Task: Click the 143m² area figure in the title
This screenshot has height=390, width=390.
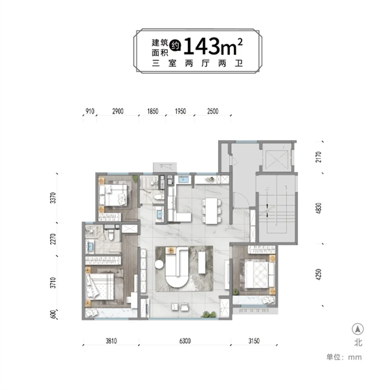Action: click(x=212, y=47)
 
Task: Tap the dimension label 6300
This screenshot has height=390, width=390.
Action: click(x=185, y=341)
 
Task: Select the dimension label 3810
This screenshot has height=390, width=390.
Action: click(x=111, y=341)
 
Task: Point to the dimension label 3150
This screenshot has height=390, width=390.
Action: click(x=254, y=341)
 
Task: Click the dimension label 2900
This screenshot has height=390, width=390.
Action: click(x=118, y=111)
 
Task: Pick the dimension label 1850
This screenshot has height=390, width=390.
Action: click(x=153, y=111)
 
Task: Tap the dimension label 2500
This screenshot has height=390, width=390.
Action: click(x=212, y=111)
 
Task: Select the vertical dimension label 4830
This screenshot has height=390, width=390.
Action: click(x=319, y=208)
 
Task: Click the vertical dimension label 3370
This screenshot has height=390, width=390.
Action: click(x=53, y=198)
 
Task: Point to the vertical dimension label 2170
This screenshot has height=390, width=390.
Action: click(x=319, y=157)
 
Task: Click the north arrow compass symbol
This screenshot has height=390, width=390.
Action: click(x=358, y=329)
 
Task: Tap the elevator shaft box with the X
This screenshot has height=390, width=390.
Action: click(x=276, y=159)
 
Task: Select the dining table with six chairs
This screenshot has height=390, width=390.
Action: click(x=212, y=210)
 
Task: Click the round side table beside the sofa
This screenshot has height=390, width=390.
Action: click(x=159, y=264)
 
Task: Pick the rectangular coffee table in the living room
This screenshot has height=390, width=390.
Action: click(x=202, y=263)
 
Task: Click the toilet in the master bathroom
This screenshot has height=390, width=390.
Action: click(x=111, y=235)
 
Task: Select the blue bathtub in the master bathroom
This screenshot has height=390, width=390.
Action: click(x=90, y=247)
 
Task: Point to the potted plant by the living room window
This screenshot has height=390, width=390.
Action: click(x=208, y=314)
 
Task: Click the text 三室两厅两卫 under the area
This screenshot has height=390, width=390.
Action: click(x=197, y=63)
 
